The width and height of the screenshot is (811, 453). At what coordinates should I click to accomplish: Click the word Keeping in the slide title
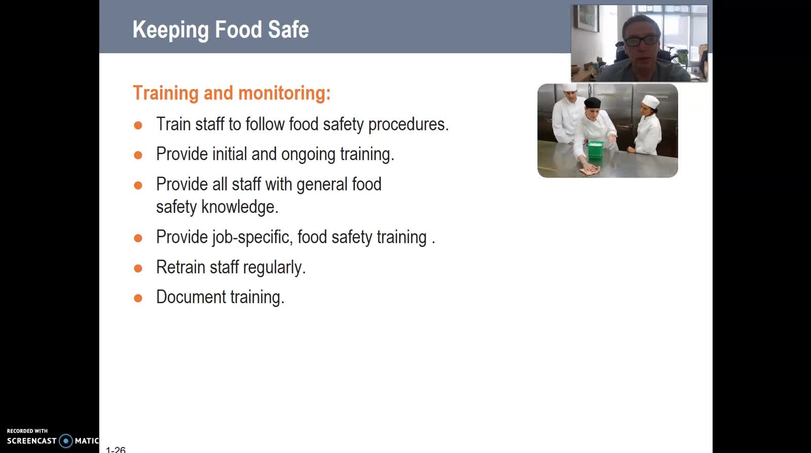(170, 30)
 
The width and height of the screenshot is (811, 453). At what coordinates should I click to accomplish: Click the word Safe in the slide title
(288, 29)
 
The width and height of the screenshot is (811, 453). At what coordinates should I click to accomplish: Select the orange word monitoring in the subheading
(284, 94)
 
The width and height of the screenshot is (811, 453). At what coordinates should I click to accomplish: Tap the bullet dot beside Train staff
(138, 126)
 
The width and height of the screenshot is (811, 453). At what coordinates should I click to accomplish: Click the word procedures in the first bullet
(408, 125)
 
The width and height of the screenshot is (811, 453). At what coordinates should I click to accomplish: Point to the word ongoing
(308, 155)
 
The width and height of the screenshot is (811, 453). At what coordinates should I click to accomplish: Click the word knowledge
(240, 207)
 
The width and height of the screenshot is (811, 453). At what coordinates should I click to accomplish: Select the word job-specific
(252, 238)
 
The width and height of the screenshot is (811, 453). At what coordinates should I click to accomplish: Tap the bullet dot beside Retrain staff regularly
(138, 269)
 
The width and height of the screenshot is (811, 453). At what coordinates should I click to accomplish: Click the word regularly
(274, 268)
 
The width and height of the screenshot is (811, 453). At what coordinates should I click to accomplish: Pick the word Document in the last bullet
(191, 297)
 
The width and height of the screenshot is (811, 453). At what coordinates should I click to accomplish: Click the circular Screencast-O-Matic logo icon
(66, 441)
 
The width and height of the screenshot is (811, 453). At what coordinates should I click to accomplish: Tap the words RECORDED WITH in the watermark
(27, 431)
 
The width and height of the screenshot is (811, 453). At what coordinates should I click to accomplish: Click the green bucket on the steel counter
(595, 150)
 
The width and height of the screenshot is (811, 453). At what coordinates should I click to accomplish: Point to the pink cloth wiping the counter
(589, 169)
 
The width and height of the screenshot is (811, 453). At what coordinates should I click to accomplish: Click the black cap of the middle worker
(593, 103)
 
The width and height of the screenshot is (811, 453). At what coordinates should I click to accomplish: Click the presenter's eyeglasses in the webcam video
(642, 41)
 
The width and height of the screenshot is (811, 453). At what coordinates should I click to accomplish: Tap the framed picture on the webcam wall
(586, 18)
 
